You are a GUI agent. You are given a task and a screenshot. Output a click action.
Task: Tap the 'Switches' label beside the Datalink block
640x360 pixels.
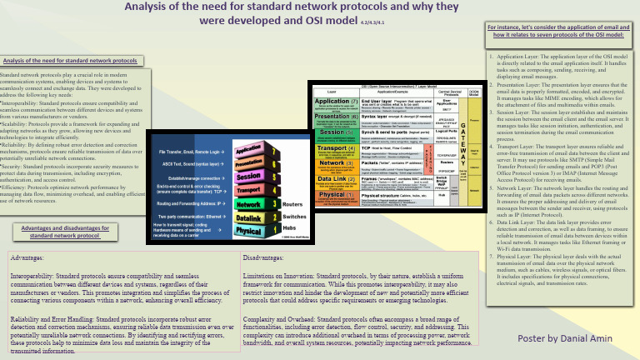293,216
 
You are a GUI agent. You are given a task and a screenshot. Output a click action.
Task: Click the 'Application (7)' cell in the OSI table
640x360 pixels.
331,102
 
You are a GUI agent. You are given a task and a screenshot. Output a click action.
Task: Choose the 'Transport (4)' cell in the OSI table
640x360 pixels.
331,149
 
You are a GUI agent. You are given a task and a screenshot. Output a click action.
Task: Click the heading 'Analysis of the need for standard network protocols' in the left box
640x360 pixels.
70,61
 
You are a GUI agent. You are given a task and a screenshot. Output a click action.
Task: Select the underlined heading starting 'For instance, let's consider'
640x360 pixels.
555,31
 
